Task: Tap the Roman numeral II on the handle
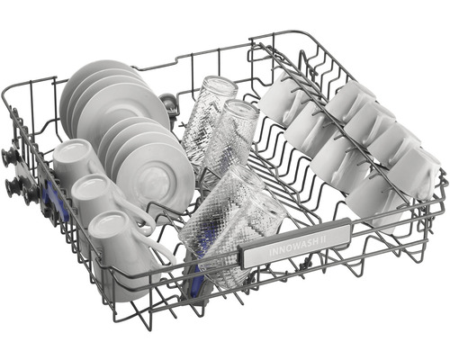319,239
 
